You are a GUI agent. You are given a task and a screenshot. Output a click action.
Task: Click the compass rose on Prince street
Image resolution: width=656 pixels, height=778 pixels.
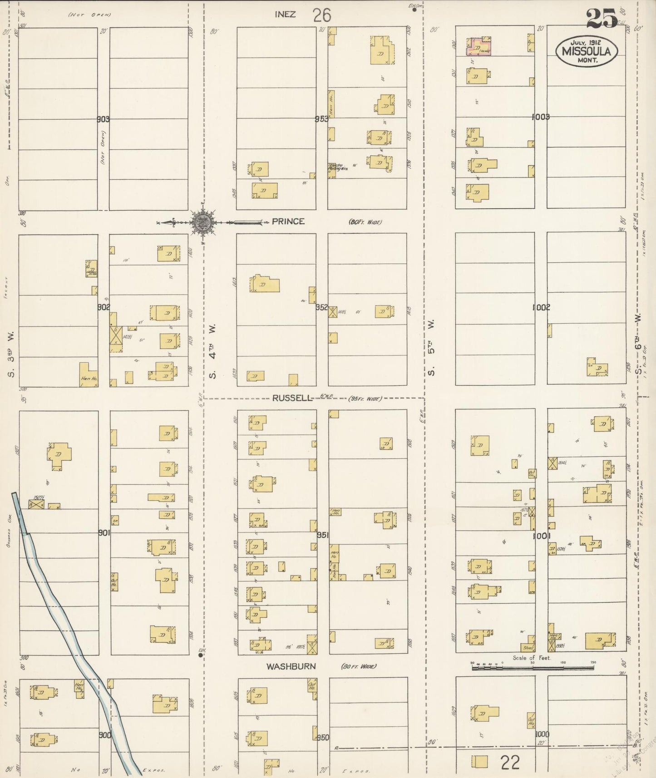203,222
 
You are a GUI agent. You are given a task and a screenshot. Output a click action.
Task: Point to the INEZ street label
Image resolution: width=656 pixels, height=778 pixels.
285,15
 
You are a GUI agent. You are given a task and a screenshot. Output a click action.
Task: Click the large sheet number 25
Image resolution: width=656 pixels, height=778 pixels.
601,19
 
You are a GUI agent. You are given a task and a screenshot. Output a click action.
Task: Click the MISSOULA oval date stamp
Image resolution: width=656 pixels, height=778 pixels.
586,51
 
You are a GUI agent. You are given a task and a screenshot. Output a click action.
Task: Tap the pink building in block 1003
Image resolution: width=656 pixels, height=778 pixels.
479,47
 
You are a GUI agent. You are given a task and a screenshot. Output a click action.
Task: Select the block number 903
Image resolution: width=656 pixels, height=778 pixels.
104,119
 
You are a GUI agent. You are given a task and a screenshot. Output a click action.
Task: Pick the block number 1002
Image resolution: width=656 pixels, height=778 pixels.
541,307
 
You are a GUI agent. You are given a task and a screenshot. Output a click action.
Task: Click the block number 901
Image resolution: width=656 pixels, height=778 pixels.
104,532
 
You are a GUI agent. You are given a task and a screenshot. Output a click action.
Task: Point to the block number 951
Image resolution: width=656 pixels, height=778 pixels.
322,535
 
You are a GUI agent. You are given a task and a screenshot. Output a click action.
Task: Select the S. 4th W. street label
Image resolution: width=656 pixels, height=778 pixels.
212,350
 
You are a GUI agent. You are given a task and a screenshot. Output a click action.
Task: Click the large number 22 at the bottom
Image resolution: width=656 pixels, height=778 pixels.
510,762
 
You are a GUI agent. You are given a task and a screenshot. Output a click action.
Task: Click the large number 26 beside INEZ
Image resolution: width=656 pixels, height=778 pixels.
321,15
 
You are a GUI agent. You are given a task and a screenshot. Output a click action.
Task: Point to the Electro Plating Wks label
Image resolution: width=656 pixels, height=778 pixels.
336,167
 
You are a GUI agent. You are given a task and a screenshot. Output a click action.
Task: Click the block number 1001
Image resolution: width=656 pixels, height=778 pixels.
542,536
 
